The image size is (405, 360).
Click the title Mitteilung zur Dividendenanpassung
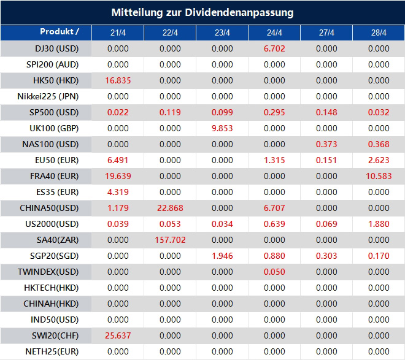pos(202,12)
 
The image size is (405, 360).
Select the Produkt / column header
pos(60,32)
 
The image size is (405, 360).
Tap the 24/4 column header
pos(274,33)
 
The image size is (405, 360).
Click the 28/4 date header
pos(379,33)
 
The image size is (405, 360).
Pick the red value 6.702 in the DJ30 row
pos(274,48)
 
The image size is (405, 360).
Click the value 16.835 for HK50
pos(118,80)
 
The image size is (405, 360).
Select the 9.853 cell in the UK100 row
pos(222,128)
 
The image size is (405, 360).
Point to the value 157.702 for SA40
pos(170,240)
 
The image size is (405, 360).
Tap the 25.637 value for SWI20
pos(118,335)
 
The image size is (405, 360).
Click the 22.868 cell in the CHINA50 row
pos(170,208)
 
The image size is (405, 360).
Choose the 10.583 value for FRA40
pos(379,176)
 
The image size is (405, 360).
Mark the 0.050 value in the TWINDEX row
pos(274,272)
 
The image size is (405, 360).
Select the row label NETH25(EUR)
pos(53,351)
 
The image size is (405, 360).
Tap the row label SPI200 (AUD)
pos(52,64)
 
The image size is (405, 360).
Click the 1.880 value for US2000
pos(379,224)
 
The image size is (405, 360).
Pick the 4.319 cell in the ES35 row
pos(118,192)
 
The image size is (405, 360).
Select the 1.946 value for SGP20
pos(222,256)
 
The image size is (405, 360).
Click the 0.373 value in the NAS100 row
pos(326,144)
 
